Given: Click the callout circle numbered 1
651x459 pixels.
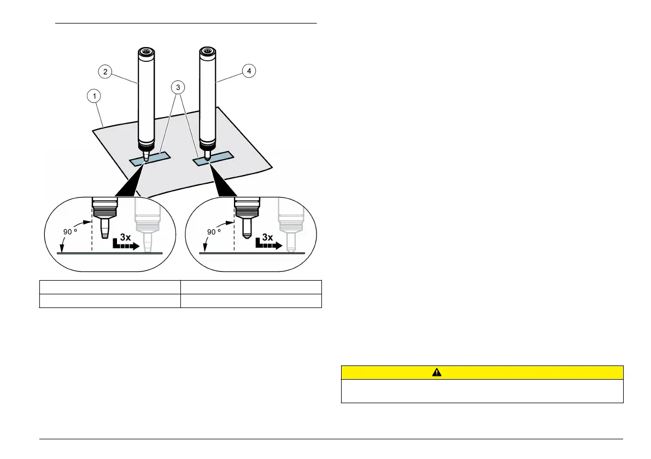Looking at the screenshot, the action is click(96, 97).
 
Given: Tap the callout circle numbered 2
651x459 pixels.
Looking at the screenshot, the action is click(105, 71).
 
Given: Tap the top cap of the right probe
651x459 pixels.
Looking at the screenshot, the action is click(207, 53).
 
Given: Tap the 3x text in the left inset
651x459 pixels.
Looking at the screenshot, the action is click(126, 237).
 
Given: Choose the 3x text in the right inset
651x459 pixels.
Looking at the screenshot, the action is click(268, 237).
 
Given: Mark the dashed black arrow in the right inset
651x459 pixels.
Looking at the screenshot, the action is click(268, 246).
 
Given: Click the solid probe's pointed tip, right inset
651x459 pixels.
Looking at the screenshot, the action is click(245, 235).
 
